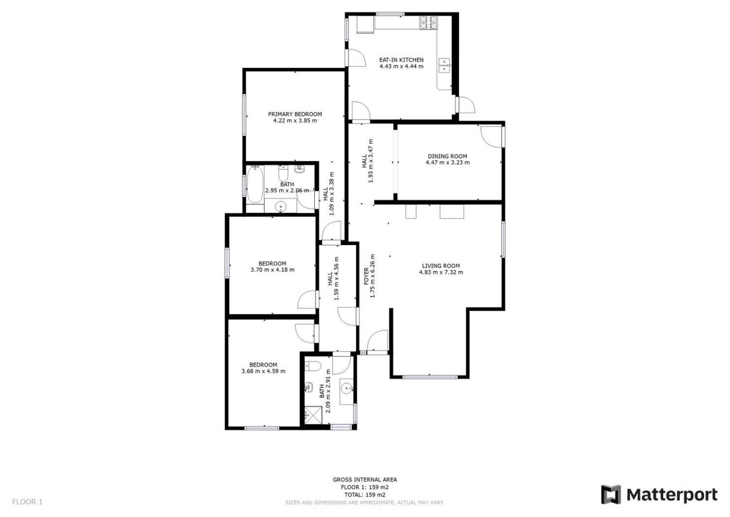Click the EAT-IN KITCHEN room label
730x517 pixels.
point(401,60)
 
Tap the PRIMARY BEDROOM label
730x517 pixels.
point(295,114)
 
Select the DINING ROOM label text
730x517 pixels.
point(448,156)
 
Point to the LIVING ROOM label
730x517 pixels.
point(441,266)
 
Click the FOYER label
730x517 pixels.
point(367,276)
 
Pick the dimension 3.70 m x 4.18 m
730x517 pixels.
point(273,270)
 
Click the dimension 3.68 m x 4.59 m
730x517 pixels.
point(263,371)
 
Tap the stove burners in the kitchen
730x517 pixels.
point(429,23)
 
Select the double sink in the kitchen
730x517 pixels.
point(444,65)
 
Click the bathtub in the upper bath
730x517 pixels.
point(255,185)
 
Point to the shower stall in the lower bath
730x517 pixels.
point(313,416)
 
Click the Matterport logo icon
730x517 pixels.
point(611,495)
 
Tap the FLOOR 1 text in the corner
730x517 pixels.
point(27,501)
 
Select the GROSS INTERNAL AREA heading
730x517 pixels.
point(365,479)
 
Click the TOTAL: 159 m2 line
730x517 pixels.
point(365,495)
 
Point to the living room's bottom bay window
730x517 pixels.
point(430,377)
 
